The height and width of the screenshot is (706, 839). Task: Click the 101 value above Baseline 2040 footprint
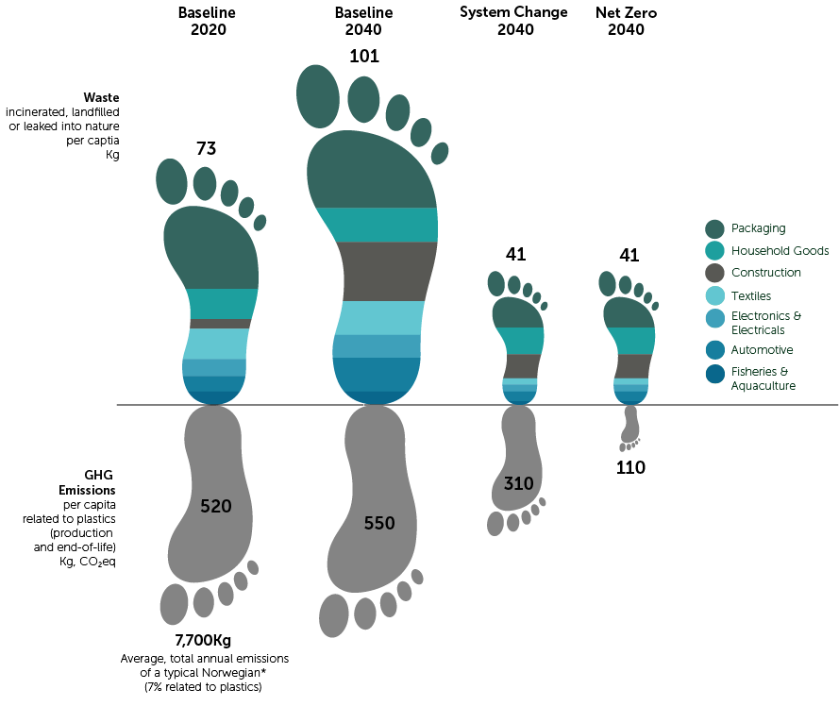click(363, 57)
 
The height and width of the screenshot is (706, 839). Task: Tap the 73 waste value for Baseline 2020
click(207, 148)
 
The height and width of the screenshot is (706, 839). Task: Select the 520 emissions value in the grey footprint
click(216, 507)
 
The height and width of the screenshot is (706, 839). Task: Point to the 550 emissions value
click(378, 524)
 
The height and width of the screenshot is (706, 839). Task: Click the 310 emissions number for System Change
click(518, 484)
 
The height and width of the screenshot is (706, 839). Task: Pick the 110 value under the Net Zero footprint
click(630, 467)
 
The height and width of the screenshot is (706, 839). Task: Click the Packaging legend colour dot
click(714, 228)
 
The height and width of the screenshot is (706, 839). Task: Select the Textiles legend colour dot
click(714, 295)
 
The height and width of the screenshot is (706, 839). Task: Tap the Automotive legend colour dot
click(714, 349)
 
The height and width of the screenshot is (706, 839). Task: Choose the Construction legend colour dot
click(714, 273)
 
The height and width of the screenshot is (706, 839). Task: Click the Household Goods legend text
click(780, 251)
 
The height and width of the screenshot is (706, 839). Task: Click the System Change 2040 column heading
click(514, 21)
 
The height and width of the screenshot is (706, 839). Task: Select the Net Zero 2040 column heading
click(627, 21)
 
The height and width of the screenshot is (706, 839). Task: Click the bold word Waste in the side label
click(101, 97)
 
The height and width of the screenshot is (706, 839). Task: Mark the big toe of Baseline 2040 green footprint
click(318, 95)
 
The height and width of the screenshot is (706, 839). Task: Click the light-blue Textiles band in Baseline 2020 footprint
click(216, 344)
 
